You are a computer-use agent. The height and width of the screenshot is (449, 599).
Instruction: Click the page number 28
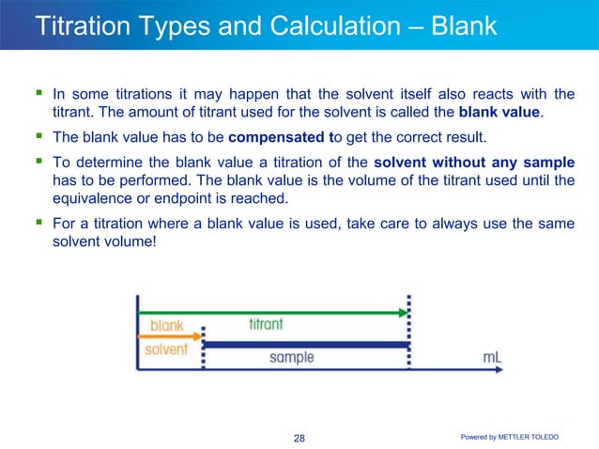click(x=299, y=438)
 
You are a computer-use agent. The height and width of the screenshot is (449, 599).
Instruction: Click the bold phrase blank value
click(x=499, y=114)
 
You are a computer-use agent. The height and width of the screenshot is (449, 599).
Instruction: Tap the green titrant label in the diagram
click(x=267, y=324)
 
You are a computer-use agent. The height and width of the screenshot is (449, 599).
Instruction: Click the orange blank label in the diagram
click(x=167, y=325)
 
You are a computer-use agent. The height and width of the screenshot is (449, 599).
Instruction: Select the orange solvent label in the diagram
click(x=167, y=350)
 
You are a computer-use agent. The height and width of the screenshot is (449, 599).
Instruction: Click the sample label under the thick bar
click(x=291, y=358)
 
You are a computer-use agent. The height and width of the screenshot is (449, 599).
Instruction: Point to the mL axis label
click(x=493, y=358)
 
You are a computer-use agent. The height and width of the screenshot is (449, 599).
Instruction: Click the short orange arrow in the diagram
click(x=170, y=336)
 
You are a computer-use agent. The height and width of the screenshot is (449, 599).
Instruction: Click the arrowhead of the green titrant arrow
click(x=403, y=311)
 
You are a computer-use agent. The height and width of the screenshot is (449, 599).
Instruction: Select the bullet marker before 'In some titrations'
click(x=38, y=93)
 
